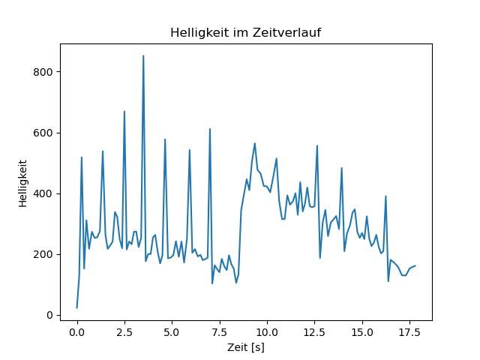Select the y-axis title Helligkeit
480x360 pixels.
click(x=23, y=182)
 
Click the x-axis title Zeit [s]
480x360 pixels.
click(x=245, y=347)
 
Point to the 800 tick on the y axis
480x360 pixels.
click(x=46, y=72)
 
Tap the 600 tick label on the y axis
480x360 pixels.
click(x=46, y=133)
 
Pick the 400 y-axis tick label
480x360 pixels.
click(x=46, y=193)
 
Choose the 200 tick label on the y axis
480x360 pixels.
click(x=46, y=254)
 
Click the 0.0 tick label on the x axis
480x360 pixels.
click(x=76, y=331)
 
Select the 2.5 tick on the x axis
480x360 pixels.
click(x=124, y=331)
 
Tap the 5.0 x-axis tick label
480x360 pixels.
click(x=172, y=331)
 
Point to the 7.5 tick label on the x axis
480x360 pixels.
click(x=220, y=331)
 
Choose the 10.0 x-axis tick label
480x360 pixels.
click(x=267, y=331)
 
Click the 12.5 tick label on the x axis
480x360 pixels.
click(x=314, y=331)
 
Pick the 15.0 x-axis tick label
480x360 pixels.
click(x=362, y=331)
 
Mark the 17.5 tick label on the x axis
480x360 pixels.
click(x=409, y=331)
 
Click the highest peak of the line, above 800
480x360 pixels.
click(x=143, y=55)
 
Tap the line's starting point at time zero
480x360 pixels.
click(x=76, y=307)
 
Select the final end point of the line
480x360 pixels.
click(x=415, y=265)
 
